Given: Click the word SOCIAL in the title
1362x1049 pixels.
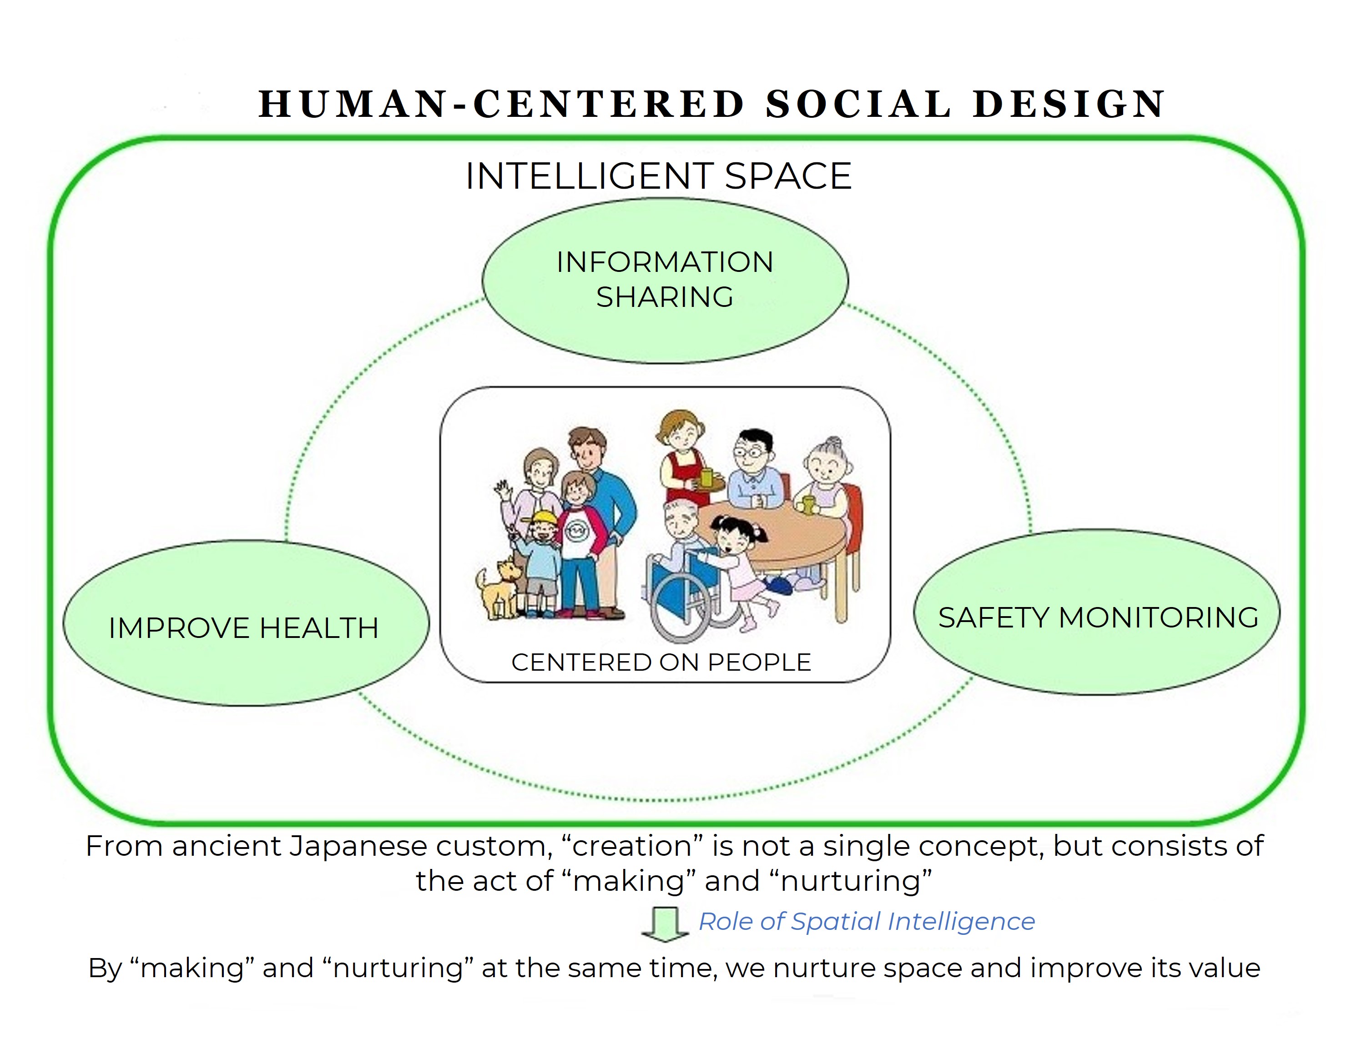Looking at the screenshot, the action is click(x=859, y=104).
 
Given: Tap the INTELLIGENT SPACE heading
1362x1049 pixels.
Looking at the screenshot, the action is click(x=659, y=176).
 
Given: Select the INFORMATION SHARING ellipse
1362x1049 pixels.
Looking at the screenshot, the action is click(x=665, y=281).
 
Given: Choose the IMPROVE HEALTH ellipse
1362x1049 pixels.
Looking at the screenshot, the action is click(x=246, y=622).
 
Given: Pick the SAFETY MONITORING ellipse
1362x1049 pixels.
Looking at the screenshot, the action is click(x=1097, y=612).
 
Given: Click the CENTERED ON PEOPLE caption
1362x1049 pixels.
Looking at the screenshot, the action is click(x=661, y=663).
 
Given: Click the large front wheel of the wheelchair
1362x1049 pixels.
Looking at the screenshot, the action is click(x=681, y=607).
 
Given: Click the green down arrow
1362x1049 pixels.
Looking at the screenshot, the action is click(x=665, y=924).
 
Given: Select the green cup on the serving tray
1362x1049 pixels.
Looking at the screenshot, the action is click(x=706, y=478).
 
